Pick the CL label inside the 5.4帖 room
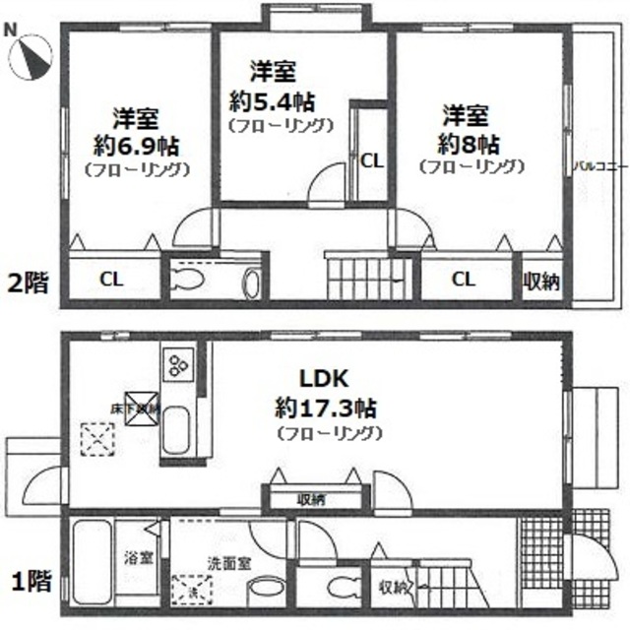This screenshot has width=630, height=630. point(372,159)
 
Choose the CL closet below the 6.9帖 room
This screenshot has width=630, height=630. point(110,280)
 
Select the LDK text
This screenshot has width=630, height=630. point(326,379)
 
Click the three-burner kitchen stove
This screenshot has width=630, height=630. point(180,364)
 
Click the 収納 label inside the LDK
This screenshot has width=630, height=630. point(311,499)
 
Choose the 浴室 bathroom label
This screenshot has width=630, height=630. point(135,557)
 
